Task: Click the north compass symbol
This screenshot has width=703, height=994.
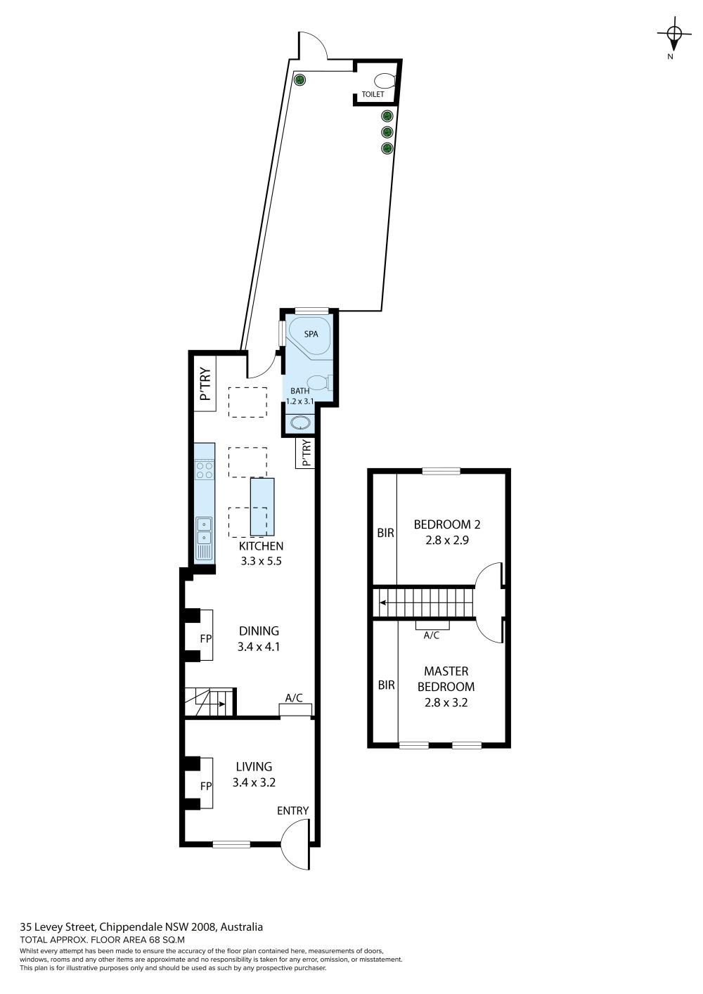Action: pyautogui.click(x=673, y=34)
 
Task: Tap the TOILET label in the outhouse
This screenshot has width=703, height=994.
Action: pyautogui.click(x=373, y=94)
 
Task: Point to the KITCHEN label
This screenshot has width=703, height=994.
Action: pyautogui.click(x=261, y=546)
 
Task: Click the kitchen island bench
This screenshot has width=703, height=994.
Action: pyautogui.click(x=262, y=507)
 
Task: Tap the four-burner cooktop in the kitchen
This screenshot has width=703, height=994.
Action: pyautogui.click(x=205, y=470)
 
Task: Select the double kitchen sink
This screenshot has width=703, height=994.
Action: pyautogui.click(x=205, y=531)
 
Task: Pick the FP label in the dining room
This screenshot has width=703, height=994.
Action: pyautogui.click(x=205, y=638)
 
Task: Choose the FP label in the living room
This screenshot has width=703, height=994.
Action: pyautogui.click(x=205, y=786)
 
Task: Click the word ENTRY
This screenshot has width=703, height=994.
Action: pyautogui.click(x=292, y=811)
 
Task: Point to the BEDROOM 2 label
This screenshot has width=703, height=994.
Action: pyautogui.click(x=447, y=524)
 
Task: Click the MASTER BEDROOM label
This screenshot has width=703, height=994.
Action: pyautogui.click(x=446, y=678)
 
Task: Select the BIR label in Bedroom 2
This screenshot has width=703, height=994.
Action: pyautogui.click(x=386, y=533)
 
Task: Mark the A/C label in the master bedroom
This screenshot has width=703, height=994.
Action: pyautogui.click(x=432, y=635)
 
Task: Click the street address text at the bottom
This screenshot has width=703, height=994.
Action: pyautogui.click(x=141, y=927)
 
